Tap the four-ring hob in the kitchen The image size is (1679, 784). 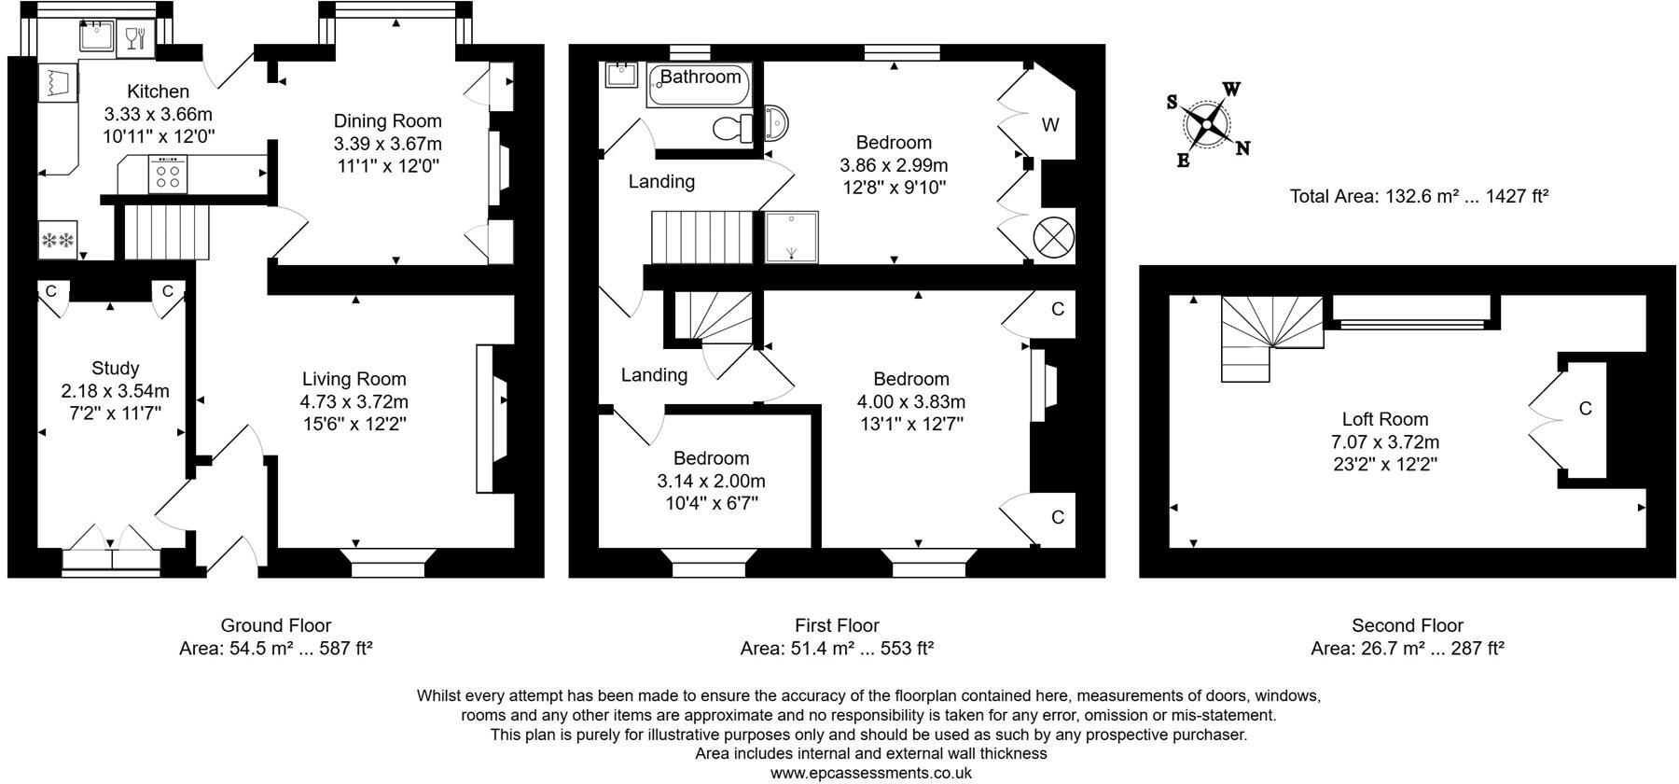pos(168,175)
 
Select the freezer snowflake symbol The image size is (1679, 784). pos(58,241)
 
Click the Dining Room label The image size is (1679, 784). pos(387,120)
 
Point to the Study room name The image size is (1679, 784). pos(115,368)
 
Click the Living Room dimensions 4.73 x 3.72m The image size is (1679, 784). pos(354,401)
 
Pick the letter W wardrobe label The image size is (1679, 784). pos(1050,124)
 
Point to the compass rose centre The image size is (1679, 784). pos(1207,123)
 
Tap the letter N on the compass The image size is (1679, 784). pos(1242,147)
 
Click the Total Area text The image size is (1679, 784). pos(1419,196)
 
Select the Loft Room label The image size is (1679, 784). pos(1384,419)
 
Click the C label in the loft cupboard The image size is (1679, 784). pos(1584,408)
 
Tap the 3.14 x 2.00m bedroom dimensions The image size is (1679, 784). pos(711,481)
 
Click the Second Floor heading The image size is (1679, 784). pos(1407,625)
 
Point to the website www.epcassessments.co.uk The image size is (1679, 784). pos(870,773)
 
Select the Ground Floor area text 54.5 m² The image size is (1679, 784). pos(276,648)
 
